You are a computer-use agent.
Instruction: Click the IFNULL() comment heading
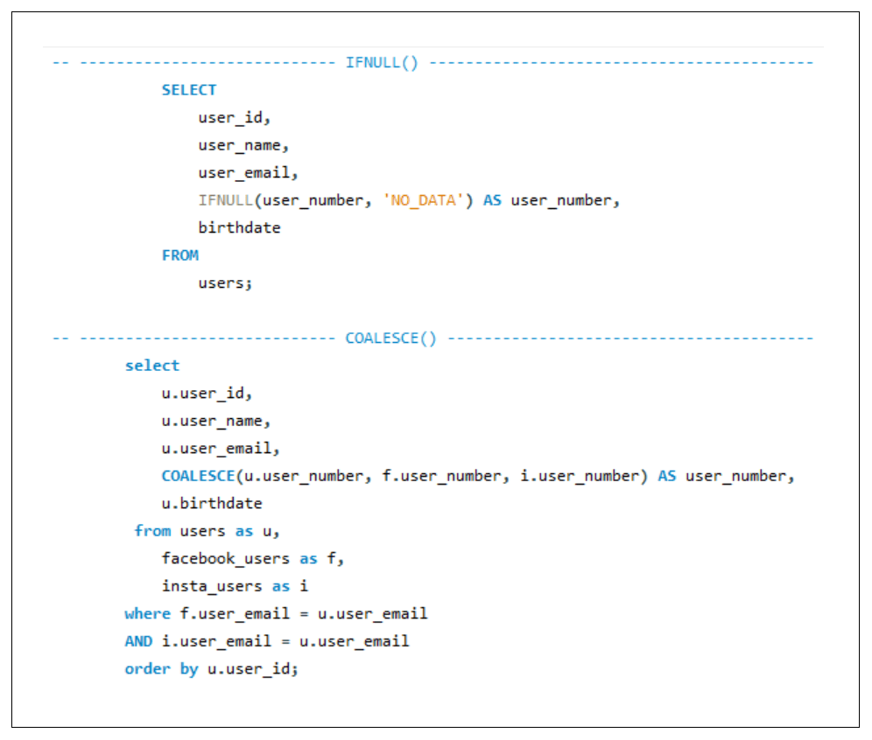(382, 62)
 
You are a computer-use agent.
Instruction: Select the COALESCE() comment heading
(390, 339)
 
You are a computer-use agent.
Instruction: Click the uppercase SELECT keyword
(189, 90)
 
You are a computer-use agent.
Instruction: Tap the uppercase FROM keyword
(180, 255)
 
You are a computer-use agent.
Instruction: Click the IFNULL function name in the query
(226, 200)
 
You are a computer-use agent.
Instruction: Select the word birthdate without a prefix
(239, 227)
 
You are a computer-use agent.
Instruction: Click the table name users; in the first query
(225, 283)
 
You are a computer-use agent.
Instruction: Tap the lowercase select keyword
(152, 366)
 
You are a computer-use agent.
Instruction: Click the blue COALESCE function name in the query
(199, 476)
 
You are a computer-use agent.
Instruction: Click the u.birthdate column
(212, 503)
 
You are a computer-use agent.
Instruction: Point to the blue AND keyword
(138, 641)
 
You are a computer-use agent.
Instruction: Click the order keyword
(148, 669)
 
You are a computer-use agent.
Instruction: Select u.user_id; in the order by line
(253, 669)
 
